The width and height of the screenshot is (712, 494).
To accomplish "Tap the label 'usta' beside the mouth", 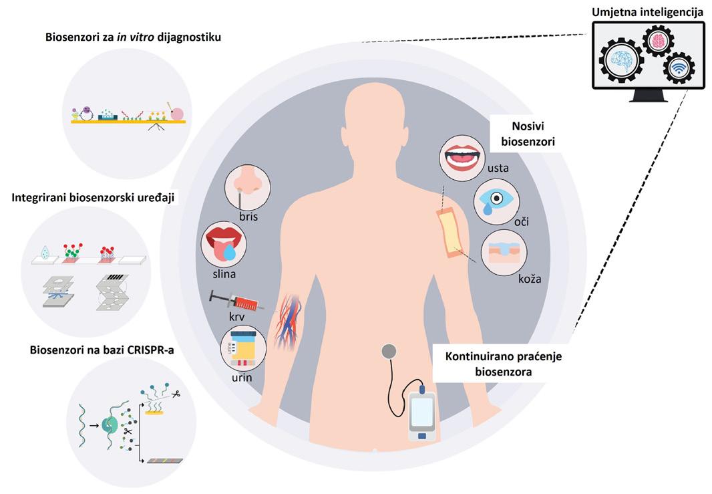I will point(498,168).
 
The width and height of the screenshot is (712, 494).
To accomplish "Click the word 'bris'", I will point(247,218).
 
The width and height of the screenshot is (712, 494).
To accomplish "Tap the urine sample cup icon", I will point(243,348).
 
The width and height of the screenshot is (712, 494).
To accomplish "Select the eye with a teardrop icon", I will point(495,201).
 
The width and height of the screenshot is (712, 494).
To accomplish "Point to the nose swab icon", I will point(247,187).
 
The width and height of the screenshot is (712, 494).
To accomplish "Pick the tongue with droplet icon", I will point(224,244).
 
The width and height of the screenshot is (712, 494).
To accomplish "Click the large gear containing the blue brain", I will point(622,60).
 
